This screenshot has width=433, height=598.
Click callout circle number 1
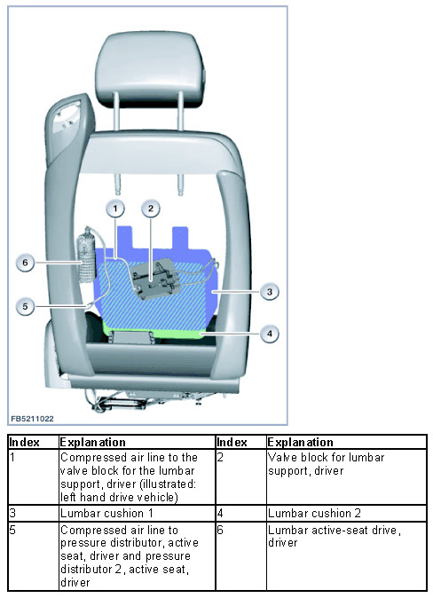pos(115,209)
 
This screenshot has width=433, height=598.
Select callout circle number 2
pos(151,209)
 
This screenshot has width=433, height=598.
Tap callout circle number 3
pos(270,292)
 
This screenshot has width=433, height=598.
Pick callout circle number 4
pos(270,334)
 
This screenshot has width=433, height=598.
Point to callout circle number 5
pos(25,306)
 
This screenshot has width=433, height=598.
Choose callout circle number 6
pos(25,263)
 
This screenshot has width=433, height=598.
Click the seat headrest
pos(150,68)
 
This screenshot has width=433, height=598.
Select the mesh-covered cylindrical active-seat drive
pos(86,256)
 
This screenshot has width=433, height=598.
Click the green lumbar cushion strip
pos(153,331)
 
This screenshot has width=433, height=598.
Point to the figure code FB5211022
pos(32,419)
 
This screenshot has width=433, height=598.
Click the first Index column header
pos(25,443)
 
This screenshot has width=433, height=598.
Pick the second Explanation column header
pos(300,443)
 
